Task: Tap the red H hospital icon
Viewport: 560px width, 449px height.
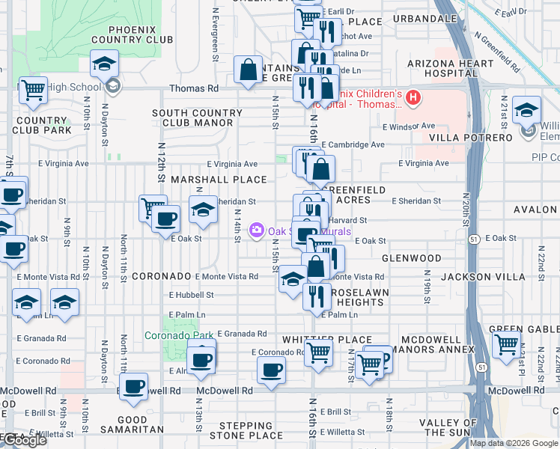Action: tap(413, 98)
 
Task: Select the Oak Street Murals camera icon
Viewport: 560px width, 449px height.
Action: tap(258, 230)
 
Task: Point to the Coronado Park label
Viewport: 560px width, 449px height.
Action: tap(173, 335)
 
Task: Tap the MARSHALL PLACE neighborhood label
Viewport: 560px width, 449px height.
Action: tap(219, 180)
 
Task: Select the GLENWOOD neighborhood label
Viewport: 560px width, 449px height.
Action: tap(411, 258)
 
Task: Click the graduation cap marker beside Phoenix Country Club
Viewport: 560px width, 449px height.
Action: tap(104, 64)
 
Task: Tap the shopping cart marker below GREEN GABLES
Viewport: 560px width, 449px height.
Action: tap(506, 345)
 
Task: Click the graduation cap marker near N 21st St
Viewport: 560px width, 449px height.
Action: tap(526, 109)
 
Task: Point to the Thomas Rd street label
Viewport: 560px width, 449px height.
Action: tap(194, 88)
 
